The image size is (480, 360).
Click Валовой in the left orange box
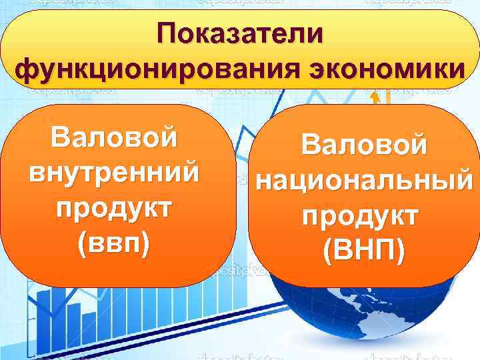click(x=114, y=139)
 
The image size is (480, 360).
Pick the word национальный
click(x=363, y=180)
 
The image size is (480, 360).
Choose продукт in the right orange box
click(x=363, y=215)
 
